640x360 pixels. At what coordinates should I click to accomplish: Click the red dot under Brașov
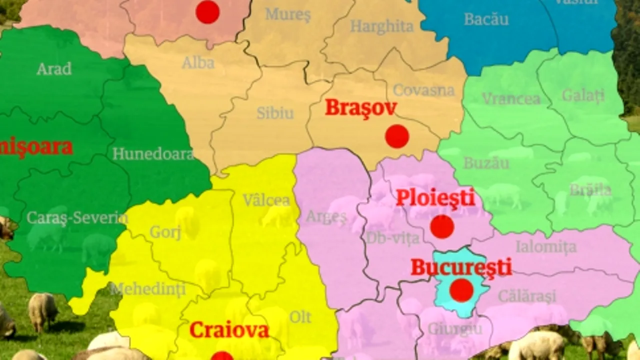pos(397,136)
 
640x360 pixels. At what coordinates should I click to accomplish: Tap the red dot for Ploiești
pos(442,226)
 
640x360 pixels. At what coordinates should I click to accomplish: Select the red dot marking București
pos(461,290)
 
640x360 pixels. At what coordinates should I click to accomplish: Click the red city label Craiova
pos(229,330)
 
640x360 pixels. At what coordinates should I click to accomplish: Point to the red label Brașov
pos(361,108)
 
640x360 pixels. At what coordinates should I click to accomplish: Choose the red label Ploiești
pos(435,198)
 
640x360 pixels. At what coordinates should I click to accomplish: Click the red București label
pos(461,267)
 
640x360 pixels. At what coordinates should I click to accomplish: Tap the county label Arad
pos(54,69)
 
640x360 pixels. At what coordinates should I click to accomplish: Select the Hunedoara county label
pos(153,154)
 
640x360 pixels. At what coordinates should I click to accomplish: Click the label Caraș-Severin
pos(77,217)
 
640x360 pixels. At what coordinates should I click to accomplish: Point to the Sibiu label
pos(275,113)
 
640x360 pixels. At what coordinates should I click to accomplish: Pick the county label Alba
pos(198,63)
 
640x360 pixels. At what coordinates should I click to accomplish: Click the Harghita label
pos(381,26)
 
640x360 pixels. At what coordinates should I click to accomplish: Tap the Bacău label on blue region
pos(486,19)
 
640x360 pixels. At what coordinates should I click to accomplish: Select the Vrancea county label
pos(511,98)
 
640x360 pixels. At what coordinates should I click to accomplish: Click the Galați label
pos(583,95)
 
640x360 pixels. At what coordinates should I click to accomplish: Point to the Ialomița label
pos(545,246)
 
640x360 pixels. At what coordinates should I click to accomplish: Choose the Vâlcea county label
pos(266,200)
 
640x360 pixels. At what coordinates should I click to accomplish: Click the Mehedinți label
pos(148,289)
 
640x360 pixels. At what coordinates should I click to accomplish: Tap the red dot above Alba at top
pos(207,12)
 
